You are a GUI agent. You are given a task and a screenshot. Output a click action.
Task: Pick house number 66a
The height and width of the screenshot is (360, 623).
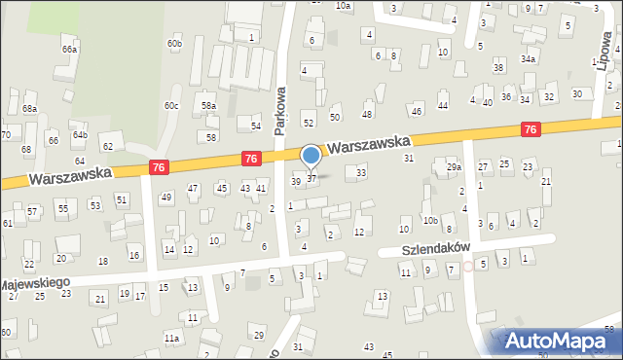click(x=69, y=49)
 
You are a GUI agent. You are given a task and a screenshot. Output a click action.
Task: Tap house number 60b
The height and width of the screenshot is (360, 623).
click(x=174, y=44)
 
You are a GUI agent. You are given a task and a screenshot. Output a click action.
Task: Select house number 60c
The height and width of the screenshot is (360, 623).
click(x=171, y=105)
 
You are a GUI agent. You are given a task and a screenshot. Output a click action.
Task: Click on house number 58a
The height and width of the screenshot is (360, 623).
click(x=208, y=105)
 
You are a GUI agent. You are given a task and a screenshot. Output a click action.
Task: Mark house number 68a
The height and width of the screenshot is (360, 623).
click(x=30, y=108)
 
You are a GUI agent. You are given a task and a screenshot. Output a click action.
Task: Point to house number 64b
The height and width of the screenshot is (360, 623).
click(x=80, y=134)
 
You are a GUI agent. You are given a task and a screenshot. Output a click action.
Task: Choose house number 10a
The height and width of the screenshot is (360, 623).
click(x=343, y=6)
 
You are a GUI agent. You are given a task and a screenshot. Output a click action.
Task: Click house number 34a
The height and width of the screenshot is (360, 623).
click(x=529, y=58)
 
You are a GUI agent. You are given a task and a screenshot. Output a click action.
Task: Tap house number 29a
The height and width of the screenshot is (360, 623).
click(x=454, y=167)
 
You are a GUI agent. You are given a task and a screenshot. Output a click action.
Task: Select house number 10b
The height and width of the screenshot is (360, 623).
click(x=430, y=220)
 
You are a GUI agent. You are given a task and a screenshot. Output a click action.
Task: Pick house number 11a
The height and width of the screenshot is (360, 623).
click(x=172, y=338)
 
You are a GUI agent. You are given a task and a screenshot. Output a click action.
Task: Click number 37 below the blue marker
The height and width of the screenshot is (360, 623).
click(x=311, y=178)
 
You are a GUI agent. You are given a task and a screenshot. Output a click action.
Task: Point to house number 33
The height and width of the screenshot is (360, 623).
click(x=362, y=172)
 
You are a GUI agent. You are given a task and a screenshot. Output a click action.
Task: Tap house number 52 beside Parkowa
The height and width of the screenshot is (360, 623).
click(x=309, y=123)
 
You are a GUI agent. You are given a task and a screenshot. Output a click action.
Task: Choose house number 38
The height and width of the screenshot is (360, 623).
click(x=498, y=67)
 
